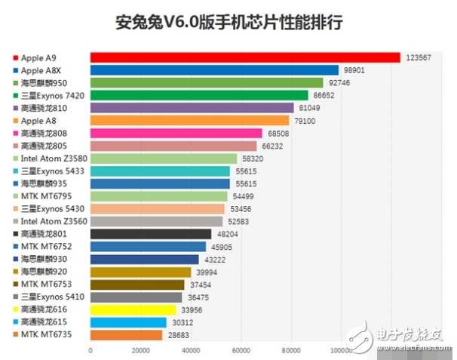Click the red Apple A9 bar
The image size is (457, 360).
245,57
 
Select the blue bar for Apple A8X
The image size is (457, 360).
214,70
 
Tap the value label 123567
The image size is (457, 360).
421,57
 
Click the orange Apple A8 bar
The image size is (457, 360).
189,121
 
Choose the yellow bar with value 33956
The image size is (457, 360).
133,309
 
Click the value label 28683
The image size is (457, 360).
179,334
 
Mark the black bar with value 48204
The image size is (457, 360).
151,234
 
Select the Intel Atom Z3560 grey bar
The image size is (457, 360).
156,221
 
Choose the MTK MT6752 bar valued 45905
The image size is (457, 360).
148,246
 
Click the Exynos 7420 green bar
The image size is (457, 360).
199,95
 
